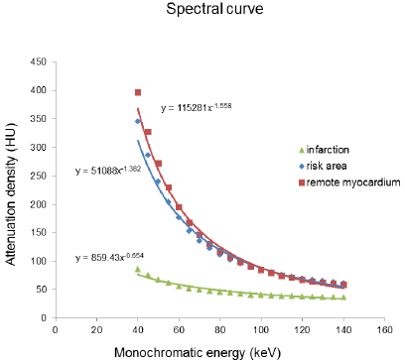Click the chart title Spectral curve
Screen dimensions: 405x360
(x=214, y=9)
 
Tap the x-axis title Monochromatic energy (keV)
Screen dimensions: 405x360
(x=198, y=352)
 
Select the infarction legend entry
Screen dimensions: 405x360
(x=324, y=150)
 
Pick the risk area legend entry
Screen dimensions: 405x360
(x=323, y=166)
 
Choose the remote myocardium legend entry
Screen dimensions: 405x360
(x=349, y=182)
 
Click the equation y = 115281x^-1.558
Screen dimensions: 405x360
(x=197, y=108)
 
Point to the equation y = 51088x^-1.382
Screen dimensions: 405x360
(x=108, y=171)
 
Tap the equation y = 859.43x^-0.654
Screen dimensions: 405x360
(x=109, y=257)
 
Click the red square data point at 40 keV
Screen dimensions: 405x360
(x=138, y=92)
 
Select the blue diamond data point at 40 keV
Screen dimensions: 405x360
(x=138, y=121)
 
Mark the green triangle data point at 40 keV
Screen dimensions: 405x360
(x=138, y=269)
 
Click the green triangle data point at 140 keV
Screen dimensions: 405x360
(x=343, y=298)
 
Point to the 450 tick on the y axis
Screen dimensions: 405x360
(x=39, y=61)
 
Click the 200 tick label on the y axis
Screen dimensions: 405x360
(x=39, y=204)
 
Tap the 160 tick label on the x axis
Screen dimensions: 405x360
(x=384, y=330)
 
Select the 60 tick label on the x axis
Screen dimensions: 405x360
(x=179, y=330)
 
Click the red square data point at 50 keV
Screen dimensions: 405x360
(x=159, y=164)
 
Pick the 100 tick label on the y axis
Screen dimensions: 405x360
(x=39, y=261)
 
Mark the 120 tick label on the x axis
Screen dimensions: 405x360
(x=303, y=330)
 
